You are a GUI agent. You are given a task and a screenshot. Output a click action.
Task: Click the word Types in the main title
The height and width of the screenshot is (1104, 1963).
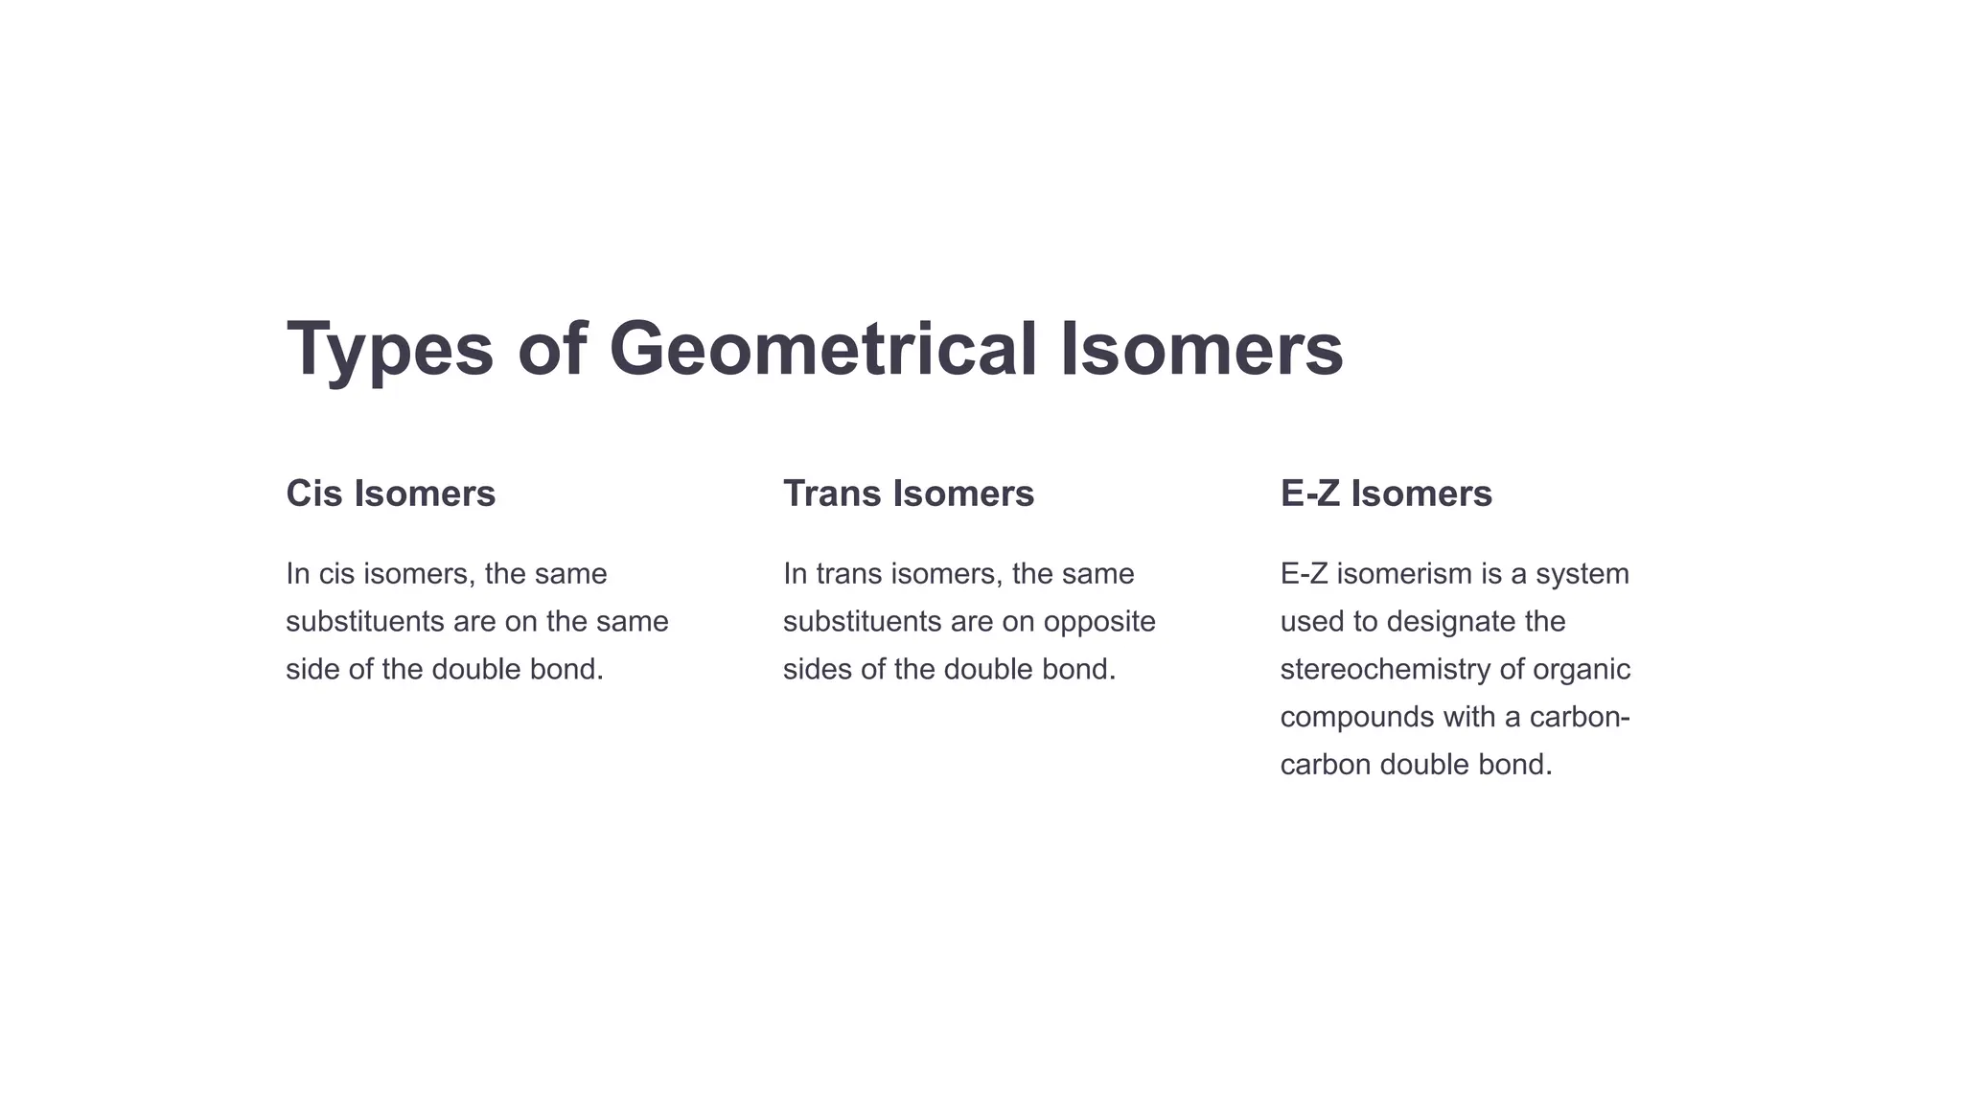(x=390, y=350)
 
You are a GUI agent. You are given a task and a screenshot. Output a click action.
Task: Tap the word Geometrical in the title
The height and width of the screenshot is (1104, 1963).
(x=822, y=348)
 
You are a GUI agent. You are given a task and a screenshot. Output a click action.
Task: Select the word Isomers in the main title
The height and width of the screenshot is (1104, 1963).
(x=1202, y=348)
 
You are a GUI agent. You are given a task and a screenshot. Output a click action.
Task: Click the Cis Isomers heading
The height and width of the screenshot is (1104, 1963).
(x=390, y=494)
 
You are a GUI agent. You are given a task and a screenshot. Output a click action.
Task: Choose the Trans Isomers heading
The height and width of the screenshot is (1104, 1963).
(x=908, y=494)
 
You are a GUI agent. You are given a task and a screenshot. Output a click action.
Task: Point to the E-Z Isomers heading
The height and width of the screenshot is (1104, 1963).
(x=1386, y=494)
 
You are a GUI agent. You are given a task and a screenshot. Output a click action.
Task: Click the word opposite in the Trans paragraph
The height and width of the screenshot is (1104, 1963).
(x=1099, y=622)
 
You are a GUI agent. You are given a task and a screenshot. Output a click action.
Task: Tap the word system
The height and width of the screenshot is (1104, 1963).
(x=1582, y=574)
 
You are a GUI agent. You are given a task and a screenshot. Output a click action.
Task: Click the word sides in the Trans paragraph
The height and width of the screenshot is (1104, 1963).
(x=818, y=669)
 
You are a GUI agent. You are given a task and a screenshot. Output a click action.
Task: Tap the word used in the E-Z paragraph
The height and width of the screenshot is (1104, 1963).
(x=1312, y=621)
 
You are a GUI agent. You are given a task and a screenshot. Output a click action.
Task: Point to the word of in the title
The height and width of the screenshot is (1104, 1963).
(x=551, y=348)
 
